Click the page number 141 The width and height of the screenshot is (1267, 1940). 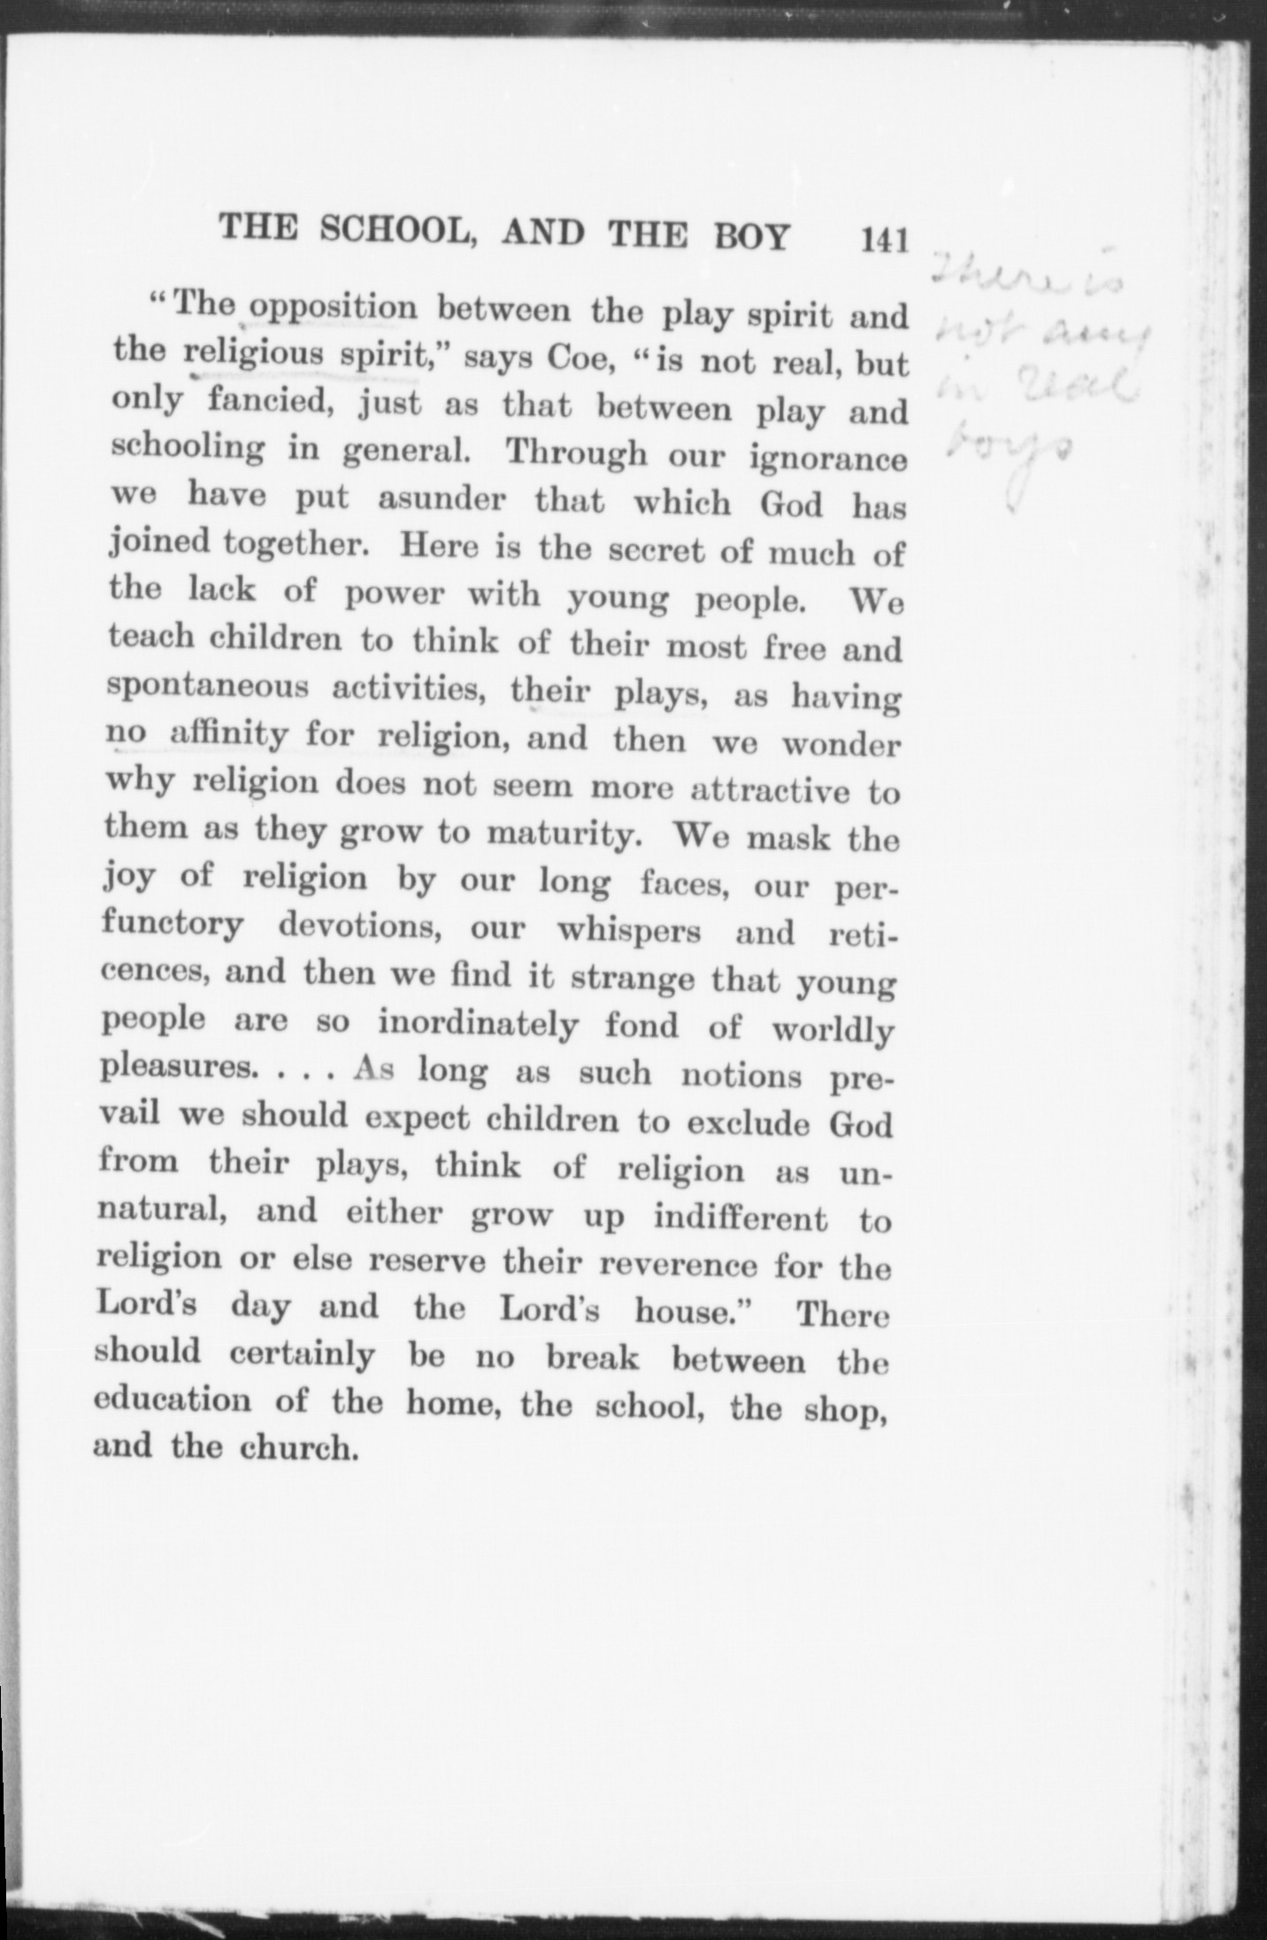coord(884,240)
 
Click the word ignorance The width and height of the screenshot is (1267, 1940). coord(828,460)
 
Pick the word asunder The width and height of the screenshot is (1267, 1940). coord(442,499)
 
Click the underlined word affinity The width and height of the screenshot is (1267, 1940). coord(228,735)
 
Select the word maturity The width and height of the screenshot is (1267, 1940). coord(564,834)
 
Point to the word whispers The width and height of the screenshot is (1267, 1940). coord(629,931)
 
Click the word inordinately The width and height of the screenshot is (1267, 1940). coord(479,1025)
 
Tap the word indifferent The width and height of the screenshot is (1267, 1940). coord(741,1219)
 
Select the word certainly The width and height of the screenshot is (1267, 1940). coord(301,1355)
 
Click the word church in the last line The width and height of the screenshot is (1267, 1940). coord(297,1447)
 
